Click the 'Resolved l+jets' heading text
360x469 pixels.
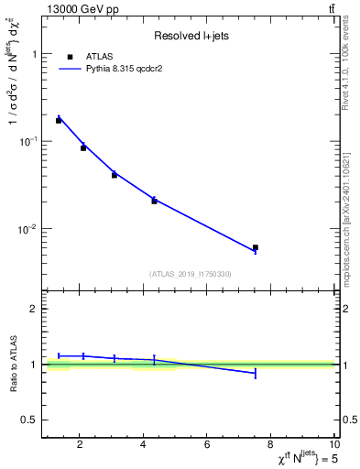click(x=190, y=36)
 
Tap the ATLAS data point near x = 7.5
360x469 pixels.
click(x=256, y=247)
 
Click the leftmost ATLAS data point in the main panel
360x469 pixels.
click(x=59, y=120)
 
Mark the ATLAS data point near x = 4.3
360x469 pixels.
click(x=154, y=201)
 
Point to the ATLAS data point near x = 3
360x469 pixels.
click(x=115, y=174)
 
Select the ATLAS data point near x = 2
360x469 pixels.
click(x=83, y=147)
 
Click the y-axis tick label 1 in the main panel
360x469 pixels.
click(x=34, y=54)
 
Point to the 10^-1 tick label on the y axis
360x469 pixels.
click(x=30, y=140)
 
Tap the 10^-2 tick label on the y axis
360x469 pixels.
click(x=30, y=228)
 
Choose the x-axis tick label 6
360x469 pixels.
click(x=207, y=445)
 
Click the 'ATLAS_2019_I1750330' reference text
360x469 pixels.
click(x=191, y=274)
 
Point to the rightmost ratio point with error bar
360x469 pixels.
click(x=256, y=373)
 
